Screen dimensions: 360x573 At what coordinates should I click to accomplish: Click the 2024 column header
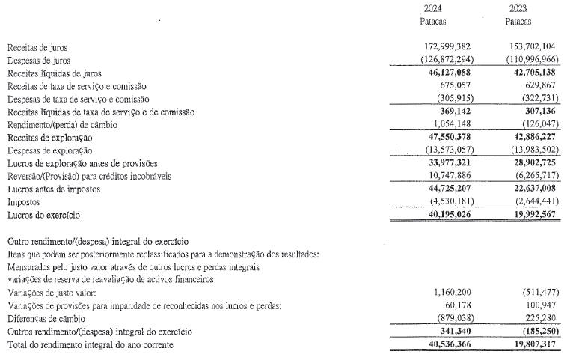click(x=432, y=9)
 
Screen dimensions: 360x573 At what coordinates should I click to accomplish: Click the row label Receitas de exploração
click(x=49, y=138)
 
